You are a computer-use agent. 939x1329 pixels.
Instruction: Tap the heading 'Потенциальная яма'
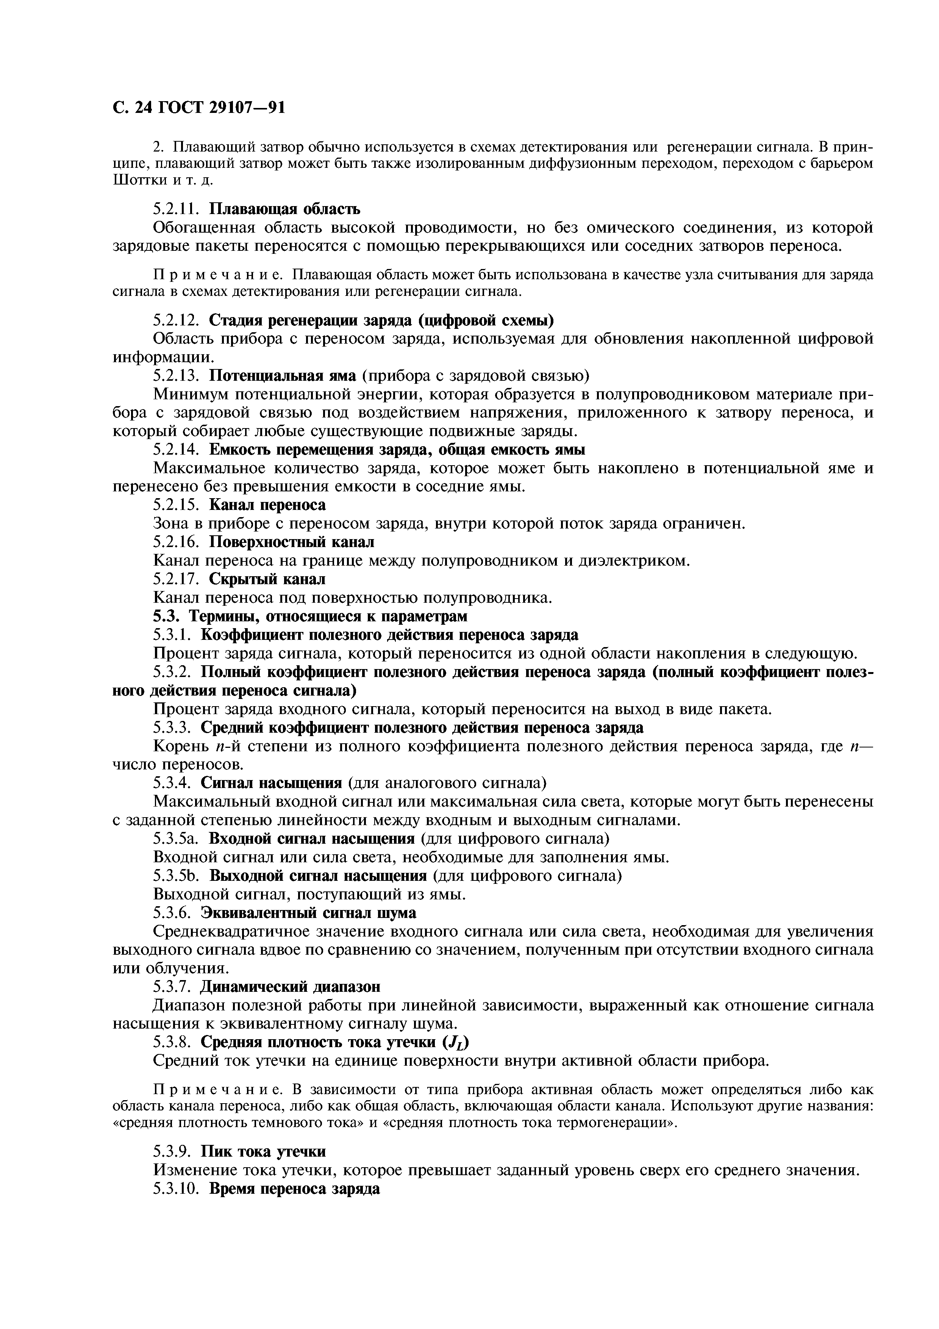[282, 376]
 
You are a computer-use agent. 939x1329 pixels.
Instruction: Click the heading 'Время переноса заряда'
[294, 1188]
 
